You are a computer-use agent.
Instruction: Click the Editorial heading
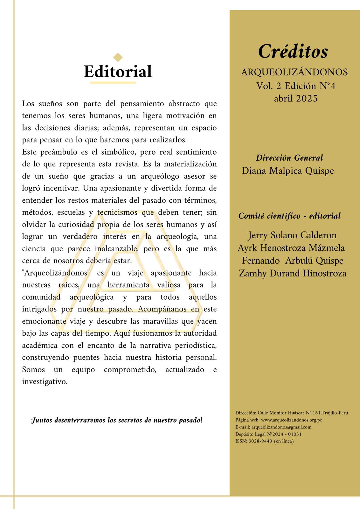coord(118,72)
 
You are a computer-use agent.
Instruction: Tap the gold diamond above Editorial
coord(118,57)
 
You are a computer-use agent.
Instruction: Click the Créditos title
coord(293,52)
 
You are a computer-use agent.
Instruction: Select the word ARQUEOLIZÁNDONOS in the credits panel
coord(294,73)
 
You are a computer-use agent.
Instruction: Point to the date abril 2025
coord(295,99)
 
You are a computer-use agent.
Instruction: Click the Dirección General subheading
coord(289,158)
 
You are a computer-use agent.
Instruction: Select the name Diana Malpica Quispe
coord(288,171)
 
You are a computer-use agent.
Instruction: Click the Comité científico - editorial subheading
coord(289,216)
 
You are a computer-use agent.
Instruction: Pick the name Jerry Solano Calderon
coord(292,235)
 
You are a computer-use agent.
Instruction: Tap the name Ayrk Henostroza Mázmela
coord(291,248)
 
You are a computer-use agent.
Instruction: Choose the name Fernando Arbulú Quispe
coord(293,261)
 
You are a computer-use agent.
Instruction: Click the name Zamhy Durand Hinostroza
coord(293,273)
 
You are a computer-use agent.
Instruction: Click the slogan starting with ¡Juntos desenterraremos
coord(117,420)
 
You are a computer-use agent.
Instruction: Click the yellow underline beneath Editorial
coord(113,83)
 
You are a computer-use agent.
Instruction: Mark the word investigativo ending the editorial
coord(45,381)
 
